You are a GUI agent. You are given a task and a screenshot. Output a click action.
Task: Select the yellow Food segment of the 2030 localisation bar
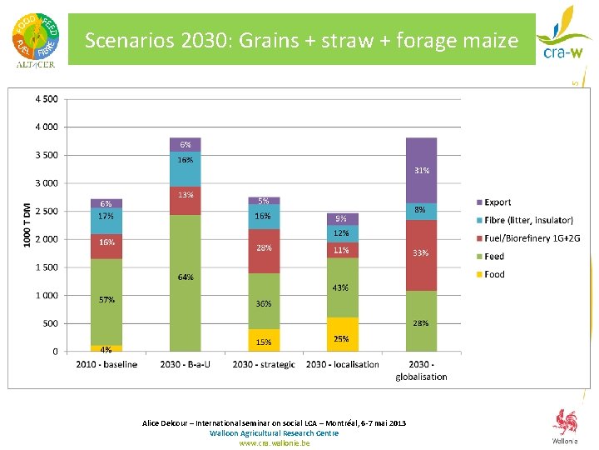point(342,334)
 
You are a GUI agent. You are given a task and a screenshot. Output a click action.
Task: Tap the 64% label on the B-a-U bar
point(185,277)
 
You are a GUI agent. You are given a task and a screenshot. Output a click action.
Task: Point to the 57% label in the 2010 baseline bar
point(106,299)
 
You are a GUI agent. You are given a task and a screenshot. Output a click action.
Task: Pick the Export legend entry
point(498,202)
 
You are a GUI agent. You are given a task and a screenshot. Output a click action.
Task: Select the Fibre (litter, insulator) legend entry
point(528,220)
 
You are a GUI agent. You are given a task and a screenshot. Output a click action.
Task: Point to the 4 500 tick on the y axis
point(46,99)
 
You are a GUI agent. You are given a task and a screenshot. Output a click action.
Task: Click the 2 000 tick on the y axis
point(46,239)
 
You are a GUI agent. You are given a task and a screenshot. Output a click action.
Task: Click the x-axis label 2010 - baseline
point(106,364)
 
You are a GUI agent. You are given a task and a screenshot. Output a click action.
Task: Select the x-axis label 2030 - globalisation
point(421,370)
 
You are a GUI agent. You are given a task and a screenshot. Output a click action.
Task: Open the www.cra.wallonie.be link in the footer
point(274,443)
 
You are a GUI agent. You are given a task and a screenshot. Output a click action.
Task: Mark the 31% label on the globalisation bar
point(422,171)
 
